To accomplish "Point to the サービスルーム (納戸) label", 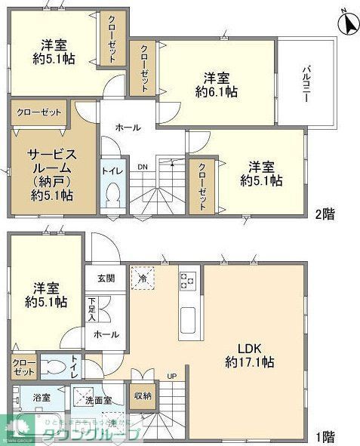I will click(51, 174).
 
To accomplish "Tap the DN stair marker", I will click(143, 168).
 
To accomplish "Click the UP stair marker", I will click(171, 376).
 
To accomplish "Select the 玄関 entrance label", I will click(106, 278).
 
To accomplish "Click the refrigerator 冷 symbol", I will click(143, 278).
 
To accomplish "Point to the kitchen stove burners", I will click(187, 281).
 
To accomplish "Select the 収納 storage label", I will click(142, 395).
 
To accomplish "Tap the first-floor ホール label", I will click(104, 334).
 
